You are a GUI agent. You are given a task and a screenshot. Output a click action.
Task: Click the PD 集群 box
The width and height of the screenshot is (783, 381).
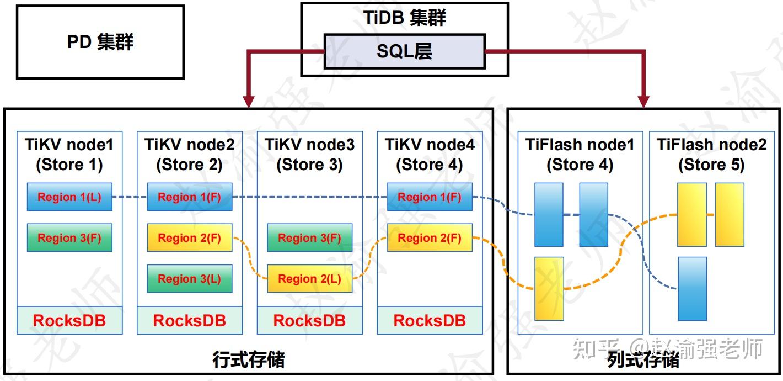tap(100, 42)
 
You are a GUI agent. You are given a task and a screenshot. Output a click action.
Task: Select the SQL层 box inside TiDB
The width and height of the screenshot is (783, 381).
tap(404, 51)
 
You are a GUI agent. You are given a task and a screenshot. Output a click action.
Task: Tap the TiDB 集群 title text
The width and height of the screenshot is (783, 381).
tap(404, 18)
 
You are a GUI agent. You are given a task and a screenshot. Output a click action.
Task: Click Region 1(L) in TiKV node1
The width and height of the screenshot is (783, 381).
tap(69, 197)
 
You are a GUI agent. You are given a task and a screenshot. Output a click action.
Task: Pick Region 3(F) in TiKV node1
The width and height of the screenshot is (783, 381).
tap(69, 238)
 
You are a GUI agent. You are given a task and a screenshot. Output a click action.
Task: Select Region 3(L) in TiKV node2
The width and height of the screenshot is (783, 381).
tap(189, 279)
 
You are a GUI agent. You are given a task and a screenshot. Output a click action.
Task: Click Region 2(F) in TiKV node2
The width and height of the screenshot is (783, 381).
tap(189, 238)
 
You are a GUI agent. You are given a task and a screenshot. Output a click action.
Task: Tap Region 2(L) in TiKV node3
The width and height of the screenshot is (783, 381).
tap(309, 279)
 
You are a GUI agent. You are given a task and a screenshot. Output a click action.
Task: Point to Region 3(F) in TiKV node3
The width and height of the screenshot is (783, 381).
tap(309, 238)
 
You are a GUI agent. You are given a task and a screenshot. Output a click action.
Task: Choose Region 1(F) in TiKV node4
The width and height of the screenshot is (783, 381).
tap(430, 197)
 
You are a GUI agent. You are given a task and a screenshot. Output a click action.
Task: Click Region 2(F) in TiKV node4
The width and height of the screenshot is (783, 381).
tap(430, 238)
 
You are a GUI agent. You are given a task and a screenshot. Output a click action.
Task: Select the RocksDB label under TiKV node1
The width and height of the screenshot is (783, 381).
tap(69, 320)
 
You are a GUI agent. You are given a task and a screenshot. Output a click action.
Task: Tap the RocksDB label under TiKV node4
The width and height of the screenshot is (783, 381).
tap(430, 320)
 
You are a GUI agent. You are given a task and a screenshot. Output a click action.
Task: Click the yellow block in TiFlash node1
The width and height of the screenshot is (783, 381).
tap(549, 288)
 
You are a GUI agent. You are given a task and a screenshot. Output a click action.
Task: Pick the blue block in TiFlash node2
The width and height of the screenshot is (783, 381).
tap(692, 288)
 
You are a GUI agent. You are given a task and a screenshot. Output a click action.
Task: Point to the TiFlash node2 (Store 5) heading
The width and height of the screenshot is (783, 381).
tap(711, 155)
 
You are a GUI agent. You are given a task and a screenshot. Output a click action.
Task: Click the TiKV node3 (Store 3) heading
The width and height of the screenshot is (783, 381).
tap(309, 155)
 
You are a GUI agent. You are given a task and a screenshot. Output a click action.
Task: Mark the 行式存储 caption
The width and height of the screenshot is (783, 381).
tap(249, 360)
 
